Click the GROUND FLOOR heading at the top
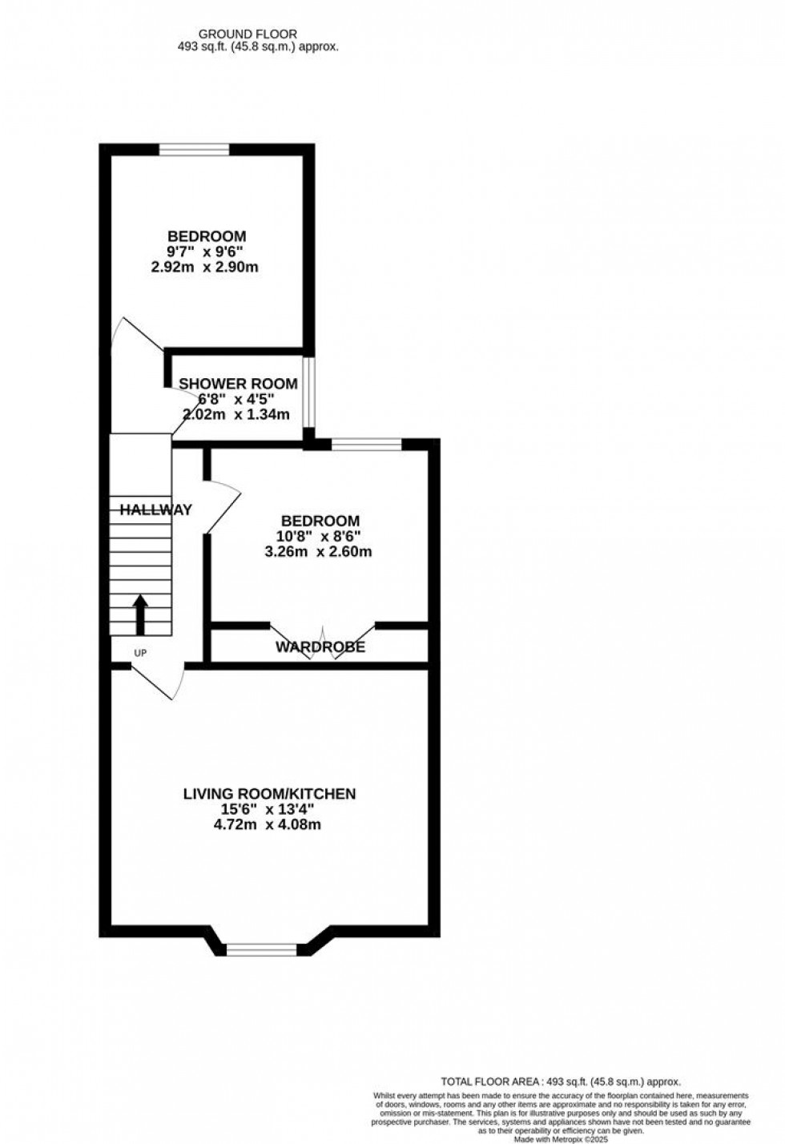click(248, 34)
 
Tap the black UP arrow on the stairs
click(140, 614)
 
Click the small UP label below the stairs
click(140, 653)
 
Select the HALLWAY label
click(155, 510)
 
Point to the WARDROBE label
click(320, 647)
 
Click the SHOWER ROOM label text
click(238, 384)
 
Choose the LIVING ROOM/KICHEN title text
click(269, 794)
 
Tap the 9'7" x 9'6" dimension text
click(206, 252)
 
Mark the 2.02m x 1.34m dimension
click(236, 414)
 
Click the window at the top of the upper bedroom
click(194, 149)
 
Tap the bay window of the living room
click(261, 950)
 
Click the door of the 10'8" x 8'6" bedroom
click(222, 505)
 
